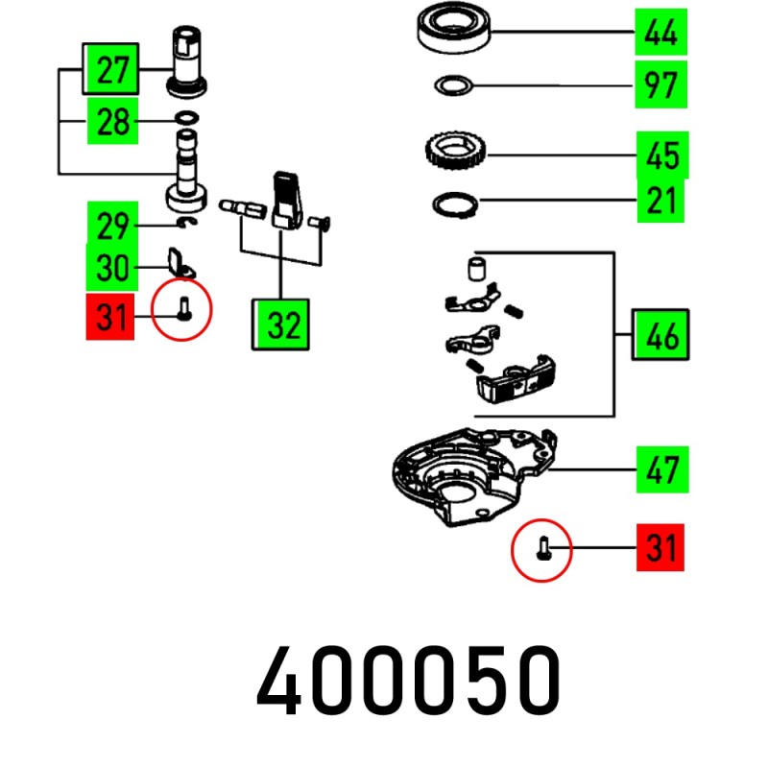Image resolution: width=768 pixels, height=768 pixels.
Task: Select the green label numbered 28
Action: pos(112,123)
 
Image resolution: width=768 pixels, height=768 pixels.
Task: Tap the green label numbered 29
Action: pos(112,226)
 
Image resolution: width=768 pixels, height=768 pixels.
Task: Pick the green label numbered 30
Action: pos(112,268)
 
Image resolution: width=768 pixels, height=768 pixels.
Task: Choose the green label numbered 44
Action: pos(660,33)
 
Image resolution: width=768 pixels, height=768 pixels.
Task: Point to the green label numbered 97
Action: pos(660,86)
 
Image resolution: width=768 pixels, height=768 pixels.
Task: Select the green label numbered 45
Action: pos(660,154)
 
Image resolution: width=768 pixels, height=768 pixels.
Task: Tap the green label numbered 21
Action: pos(660,201)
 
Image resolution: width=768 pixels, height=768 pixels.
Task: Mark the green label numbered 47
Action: pos(660,470)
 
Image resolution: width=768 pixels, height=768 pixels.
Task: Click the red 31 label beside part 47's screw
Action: pos(660,549)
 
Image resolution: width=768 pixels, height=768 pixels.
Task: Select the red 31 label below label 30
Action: pos(112,316)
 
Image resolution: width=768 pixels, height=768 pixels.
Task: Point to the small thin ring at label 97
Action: pos(453,86)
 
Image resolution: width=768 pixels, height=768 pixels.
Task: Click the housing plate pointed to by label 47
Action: pos(470,470)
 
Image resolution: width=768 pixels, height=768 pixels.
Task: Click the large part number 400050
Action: pos(408,680)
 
